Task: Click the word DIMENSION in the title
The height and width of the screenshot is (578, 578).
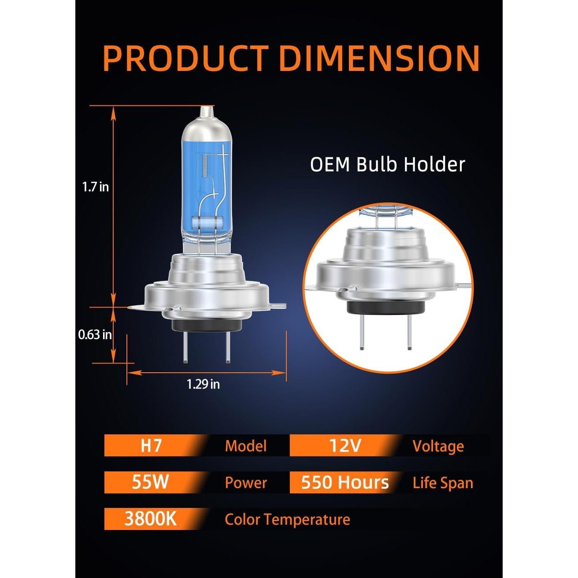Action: (x=379, y=58)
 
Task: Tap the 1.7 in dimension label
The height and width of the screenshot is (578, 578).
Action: (x=96, y=188)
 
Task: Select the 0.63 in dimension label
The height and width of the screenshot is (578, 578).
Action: (x=95, y=335)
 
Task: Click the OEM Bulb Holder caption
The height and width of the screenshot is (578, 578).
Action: (x=387, y=165)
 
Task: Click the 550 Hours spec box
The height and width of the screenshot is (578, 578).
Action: (x=345, y=482)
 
